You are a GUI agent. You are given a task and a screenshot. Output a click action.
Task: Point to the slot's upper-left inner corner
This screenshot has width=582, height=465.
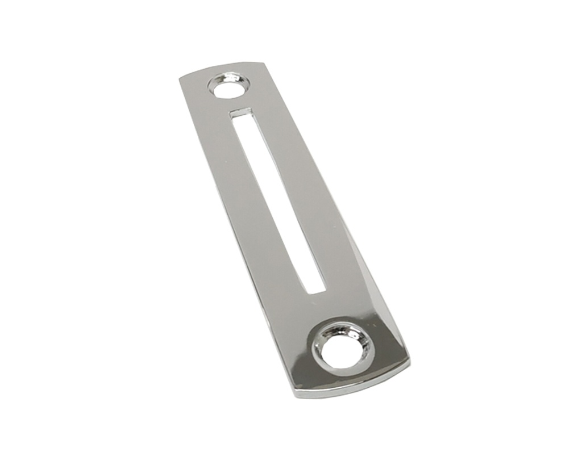click(x=230, y=115)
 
